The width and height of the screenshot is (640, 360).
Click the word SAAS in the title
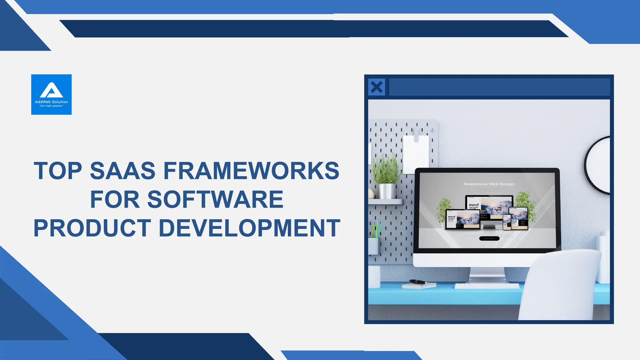coord(122,171)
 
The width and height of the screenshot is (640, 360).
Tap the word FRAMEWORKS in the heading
coord(251,171)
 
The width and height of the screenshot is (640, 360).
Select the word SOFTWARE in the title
coord(215,199)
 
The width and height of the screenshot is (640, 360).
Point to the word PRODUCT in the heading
coord(92,228)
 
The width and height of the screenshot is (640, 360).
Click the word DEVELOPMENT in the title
coord(249,228)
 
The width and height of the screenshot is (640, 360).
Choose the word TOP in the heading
coord(58,171)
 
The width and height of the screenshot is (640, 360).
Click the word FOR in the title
coord(115,199)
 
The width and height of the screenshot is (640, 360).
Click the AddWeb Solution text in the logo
coord(51,102)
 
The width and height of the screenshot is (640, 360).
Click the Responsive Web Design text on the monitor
coord(489,184)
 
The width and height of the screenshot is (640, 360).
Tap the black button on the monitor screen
coord(489,238)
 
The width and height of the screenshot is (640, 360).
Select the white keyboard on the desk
coord(487,286)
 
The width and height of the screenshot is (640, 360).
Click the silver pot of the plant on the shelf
coord(387,191)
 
